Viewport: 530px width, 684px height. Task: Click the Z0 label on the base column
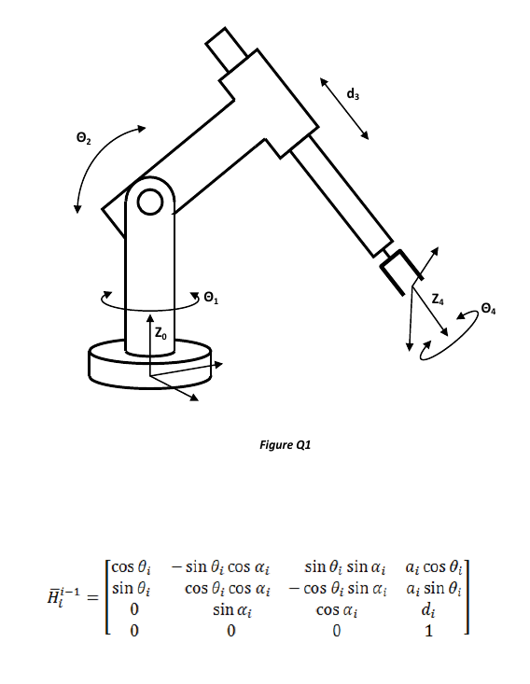[160, 332]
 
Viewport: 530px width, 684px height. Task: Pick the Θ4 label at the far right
[491, 308]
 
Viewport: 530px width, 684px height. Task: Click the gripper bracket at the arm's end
[398, 272]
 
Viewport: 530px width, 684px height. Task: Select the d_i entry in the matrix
[428, 609]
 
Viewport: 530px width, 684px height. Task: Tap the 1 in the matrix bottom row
[428, 631]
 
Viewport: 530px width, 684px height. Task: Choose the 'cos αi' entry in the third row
[337, 609]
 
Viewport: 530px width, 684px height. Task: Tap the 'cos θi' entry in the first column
[130, 566]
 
